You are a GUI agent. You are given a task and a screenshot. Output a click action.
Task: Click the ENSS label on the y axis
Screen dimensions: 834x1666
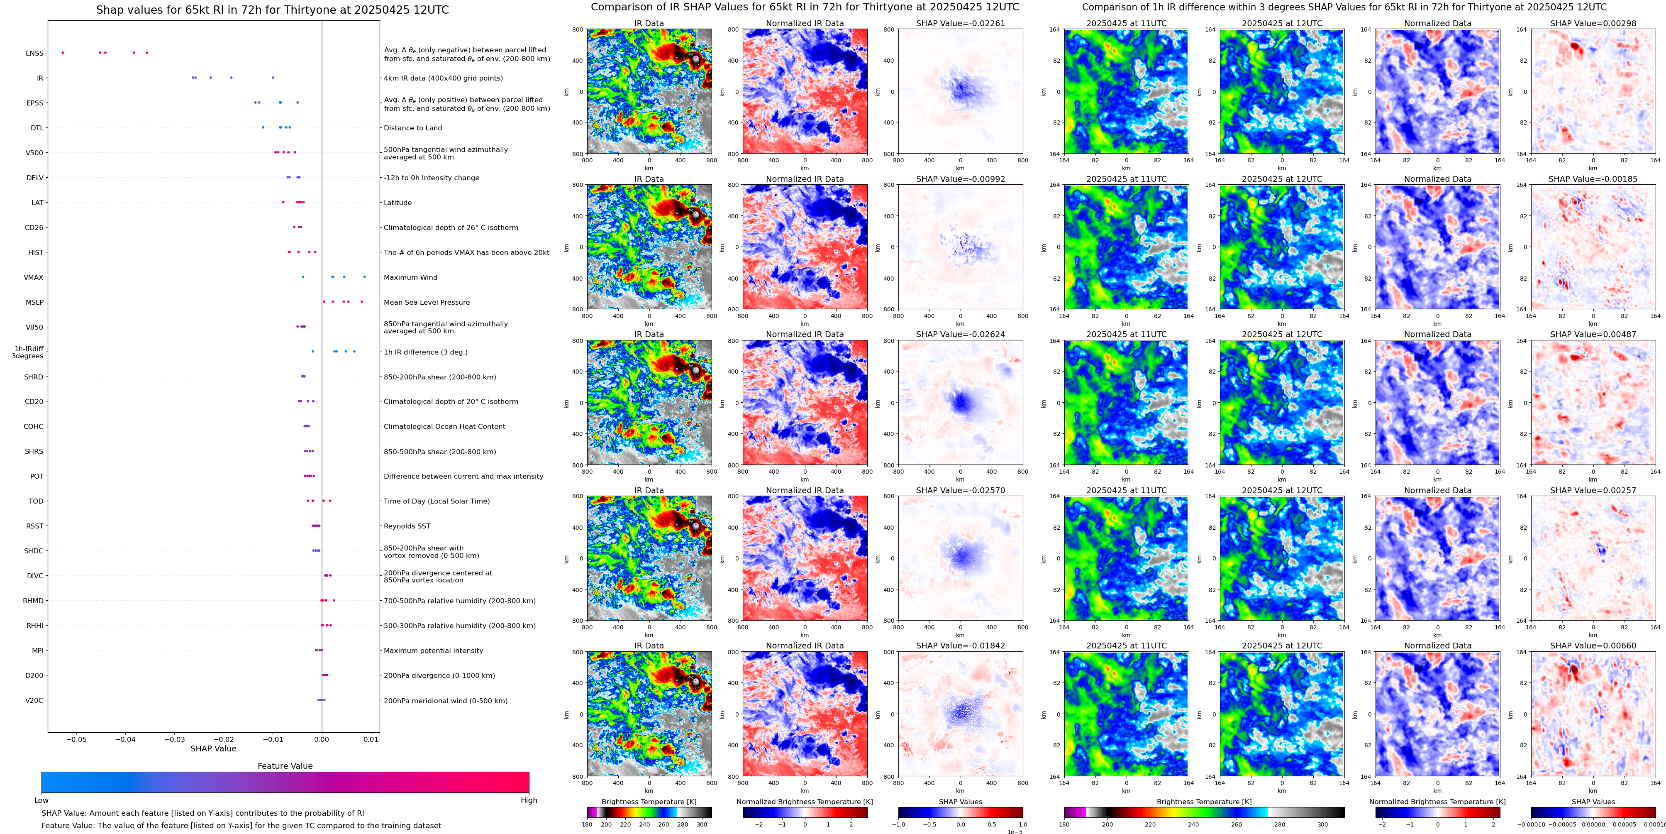34,53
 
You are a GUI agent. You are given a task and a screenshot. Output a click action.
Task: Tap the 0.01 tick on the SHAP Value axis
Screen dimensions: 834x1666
371,739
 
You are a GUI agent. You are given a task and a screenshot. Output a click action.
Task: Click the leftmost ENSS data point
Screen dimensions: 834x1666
63,52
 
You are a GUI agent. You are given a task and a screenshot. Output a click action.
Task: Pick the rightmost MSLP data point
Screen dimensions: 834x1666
361,301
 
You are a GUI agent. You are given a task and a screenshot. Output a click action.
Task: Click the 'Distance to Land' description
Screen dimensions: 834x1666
412,128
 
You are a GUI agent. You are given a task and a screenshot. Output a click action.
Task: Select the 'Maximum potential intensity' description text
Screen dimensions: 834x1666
433,651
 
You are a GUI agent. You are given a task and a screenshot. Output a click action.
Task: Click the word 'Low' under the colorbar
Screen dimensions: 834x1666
41,800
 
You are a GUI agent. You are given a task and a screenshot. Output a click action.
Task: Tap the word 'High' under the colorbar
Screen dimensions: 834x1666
528,800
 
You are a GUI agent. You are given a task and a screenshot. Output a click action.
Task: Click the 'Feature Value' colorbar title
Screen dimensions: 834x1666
285,766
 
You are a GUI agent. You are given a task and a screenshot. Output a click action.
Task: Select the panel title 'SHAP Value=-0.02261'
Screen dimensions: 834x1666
960,23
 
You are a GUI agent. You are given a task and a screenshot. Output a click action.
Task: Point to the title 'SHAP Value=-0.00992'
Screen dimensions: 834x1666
960,179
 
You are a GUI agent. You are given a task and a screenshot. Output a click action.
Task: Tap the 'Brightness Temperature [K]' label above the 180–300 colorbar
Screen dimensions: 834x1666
649,802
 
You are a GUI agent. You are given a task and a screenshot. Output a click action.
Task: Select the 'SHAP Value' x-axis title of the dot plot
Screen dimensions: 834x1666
213,748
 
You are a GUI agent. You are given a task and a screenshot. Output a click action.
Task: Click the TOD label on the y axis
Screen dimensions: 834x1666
36,501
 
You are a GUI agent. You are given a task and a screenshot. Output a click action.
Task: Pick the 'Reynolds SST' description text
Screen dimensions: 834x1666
406,526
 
